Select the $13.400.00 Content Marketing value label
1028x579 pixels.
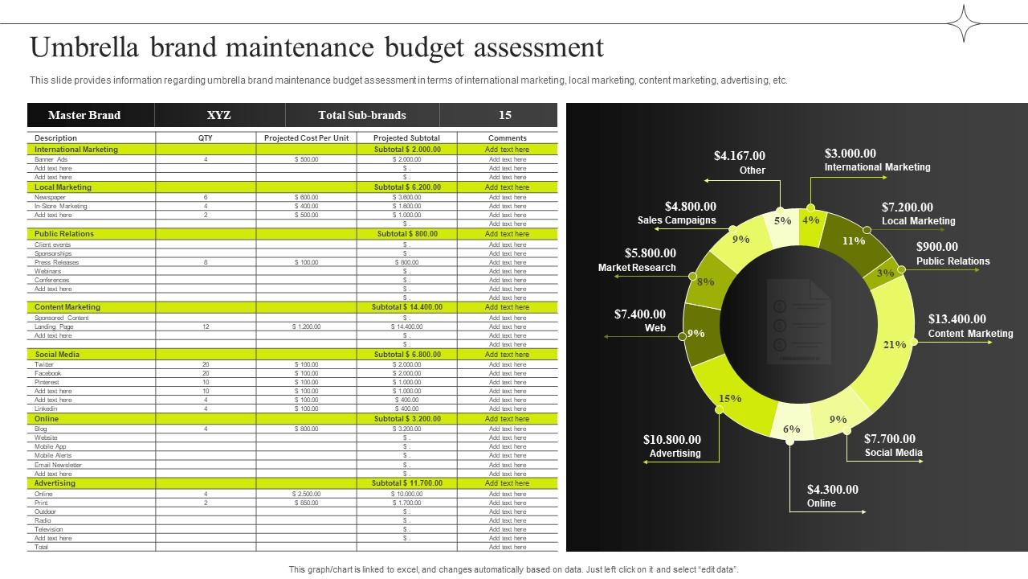(x=957, y=319)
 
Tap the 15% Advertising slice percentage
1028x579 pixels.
(x=730, y=398)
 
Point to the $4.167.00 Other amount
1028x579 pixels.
(x=739, y=156)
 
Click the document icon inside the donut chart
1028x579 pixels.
(x=797, y=321)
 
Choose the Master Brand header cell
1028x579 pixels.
(x=84, y=115)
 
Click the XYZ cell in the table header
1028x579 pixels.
(x=218, y=115)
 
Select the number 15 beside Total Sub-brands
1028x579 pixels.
(x=504, y=115)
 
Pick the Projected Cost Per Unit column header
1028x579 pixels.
(x=306, y=138)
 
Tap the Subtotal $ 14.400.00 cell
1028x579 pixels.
(x=406, y=307)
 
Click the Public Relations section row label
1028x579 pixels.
(x=64, y=234)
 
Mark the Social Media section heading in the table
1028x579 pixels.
(x=57, y=355)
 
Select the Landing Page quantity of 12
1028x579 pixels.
(x=206, y=326)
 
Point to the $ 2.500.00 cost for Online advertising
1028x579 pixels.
(x=306, y=494)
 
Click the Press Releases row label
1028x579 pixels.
(x=57, y=262)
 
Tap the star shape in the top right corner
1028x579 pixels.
(x=964, y=23)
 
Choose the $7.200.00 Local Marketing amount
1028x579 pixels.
(x=907, y=207)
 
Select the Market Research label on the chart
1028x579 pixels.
(x=637, y=268)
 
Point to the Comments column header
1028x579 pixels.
(x=508, y=138)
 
